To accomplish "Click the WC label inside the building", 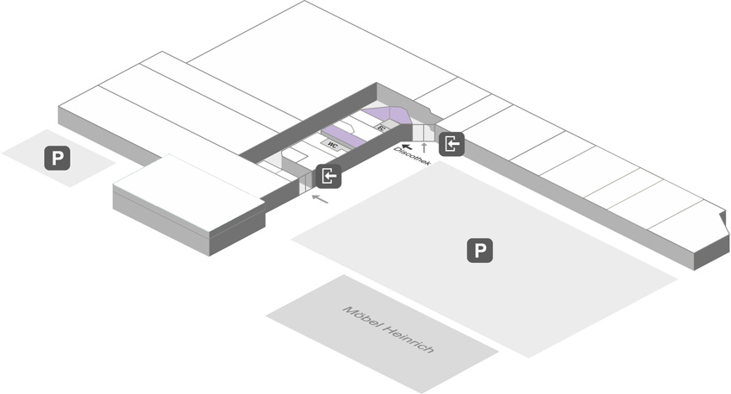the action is pos(333,145).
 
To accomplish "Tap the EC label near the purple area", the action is pos(382,128).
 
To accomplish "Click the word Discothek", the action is pos(412,156).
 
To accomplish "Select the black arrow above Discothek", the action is pos(407,147).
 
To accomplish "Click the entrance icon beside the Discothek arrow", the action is pos(452,144).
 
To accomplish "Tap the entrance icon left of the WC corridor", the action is pos(328,176).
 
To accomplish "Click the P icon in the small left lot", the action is pos(58,158).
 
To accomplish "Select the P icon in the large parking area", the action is pos(479,250).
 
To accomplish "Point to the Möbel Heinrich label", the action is pos(388,329).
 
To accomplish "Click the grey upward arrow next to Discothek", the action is pos(424,148).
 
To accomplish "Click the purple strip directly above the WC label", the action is pos(344,135).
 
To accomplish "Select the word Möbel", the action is pos(361,316).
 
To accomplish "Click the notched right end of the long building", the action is pos(723,222).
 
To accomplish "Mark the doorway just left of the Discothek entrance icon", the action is pos(423,133).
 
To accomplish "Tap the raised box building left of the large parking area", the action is pos(190,204).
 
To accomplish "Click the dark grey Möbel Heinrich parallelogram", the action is pos(382,334).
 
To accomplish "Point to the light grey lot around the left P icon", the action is pos(59,158).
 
